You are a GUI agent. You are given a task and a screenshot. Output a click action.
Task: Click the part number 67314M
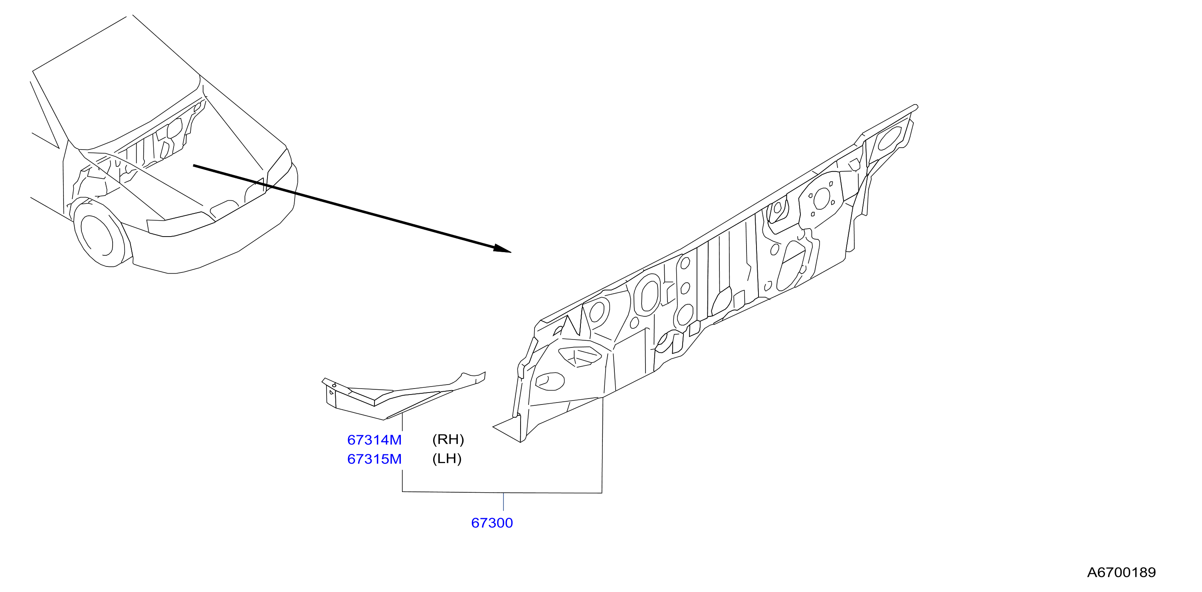click(x=374, y=440)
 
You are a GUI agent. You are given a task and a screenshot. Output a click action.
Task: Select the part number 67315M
click(x=374, y=459)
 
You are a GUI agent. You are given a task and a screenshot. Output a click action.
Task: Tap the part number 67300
click(x=492, y=523)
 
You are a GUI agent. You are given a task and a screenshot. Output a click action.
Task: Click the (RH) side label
click(x=448, y=439)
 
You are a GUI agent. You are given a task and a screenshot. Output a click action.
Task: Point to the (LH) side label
click(x=447, y=459)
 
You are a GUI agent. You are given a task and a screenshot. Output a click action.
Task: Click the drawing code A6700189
click(x=1121, y=572)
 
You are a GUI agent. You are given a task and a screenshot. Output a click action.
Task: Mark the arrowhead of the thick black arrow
click(x=503, y=249)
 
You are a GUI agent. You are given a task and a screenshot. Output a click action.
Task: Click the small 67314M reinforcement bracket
click(x=404, y=396)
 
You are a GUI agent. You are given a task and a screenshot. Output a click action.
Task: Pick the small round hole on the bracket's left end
click(x=334, y=385)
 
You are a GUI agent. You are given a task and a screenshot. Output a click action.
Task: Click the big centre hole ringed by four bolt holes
click(x=822, y=199)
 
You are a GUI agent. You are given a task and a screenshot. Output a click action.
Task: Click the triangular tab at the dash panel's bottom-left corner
click(x=508, y=429)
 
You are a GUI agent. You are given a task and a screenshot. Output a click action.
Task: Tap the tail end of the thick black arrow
click(x=194, y=166)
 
